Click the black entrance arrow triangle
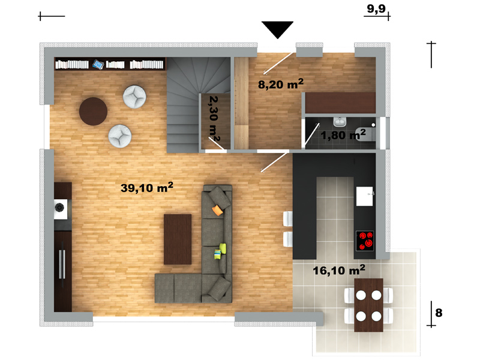277,29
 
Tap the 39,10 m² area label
147,187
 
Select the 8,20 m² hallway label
281,83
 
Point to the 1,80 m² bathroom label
343,134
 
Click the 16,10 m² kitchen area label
339,270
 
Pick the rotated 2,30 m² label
214,119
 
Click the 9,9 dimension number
376,8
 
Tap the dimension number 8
439,313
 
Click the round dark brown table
93,112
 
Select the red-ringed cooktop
365,241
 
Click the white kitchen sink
365,196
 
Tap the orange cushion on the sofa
217,211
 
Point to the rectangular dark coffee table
178,239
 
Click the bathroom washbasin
340,122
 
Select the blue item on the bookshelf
98,65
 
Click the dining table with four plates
368,305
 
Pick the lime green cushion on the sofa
223,248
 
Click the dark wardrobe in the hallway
340,103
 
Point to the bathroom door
311,135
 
